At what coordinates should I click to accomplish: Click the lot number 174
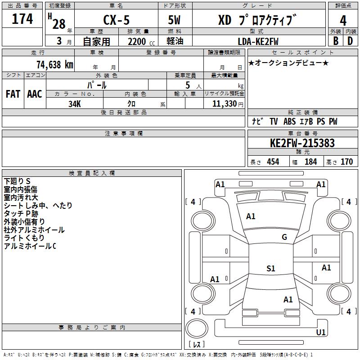tap(22, 19)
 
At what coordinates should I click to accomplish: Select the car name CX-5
tap(116, 21)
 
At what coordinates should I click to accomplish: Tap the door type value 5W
tap(175, 21)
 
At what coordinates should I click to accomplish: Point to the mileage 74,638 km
tap(53, 64)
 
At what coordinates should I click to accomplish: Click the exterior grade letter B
tap(335, 40)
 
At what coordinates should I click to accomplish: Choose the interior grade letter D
tap(350, 40)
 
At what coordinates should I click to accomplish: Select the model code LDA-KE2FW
tap(258, 41)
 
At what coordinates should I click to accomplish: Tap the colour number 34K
tap(74, 103)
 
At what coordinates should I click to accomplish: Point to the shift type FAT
tap(13, 94)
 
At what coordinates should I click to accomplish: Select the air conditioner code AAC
tap(35, 94)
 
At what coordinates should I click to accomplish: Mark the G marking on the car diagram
tap(284, 237)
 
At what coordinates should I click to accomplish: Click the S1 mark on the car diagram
tap(270, 269)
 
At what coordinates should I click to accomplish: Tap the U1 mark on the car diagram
tap(321, 333)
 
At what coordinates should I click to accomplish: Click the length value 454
tap(273, 162)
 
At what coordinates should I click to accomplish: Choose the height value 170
tap(346, 162)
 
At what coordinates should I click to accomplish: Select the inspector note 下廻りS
tap(17, 181)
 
